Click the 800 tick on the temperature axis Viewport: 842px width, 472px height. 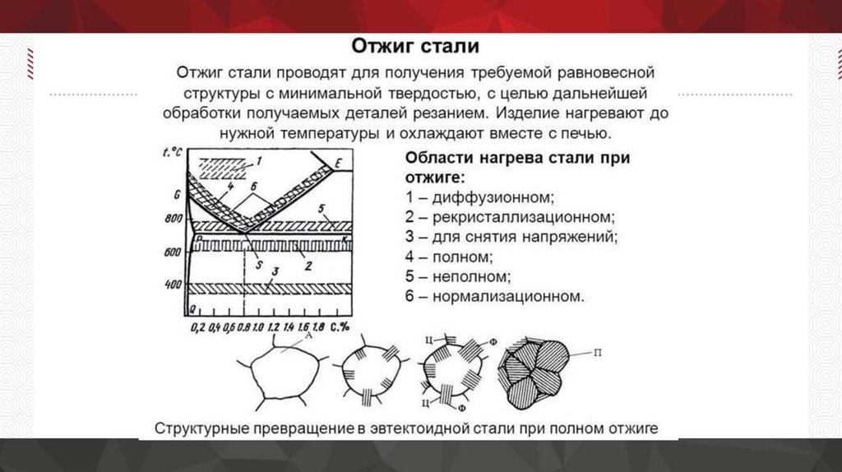pyautogui.click(x=171, y=220)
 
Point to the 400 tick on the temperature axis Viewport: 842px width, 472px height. pyautogui.click(x=171, y=285)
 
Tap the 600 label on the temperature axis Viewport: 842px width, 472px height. pyautogui.click(x=171, y=253)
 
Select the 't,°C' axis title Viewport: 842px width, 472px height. pyautogui.click(x=172, y=150)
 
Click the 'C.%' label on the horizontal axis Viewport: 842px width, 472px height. pyautogui.click(x=340, y=326)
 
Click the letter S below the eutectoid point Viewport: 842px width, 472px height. pyautogui.click(x=257, y=265)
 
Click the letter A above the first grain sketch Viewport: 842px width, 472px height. pyautogui.click(x=308, y=336)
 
